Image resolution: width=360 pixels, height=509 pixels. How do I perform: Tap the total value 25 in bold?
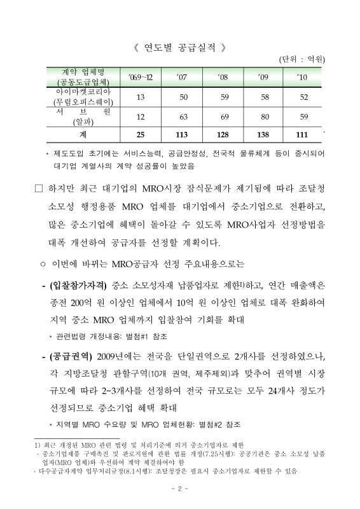141,136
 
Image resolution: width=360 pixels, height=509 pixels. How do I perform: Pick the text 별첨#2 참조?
220,423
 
